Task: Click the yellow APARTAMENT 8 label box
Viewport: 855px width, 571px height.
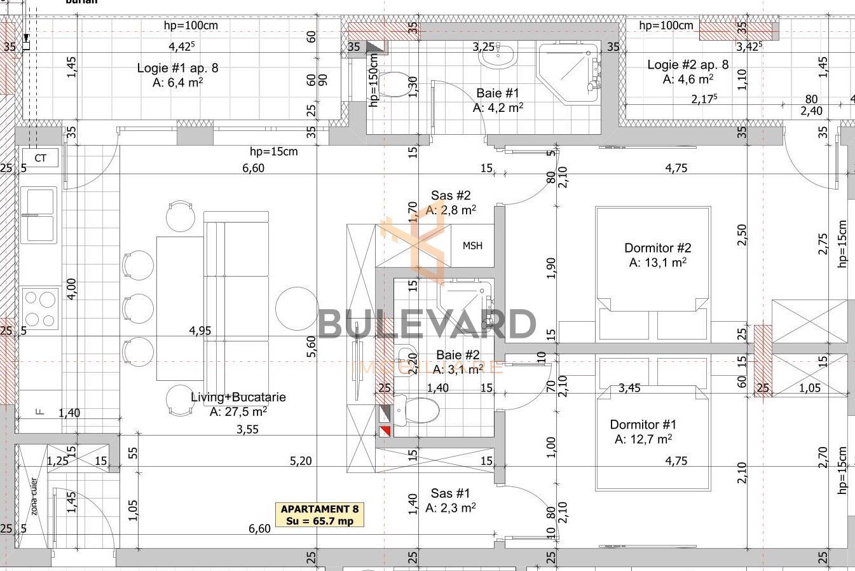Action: point(320,515)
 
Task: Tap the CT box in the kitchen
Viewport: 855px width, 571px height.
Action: point(40,158)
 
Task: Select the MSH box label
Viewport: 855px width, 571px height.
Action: point(472,246)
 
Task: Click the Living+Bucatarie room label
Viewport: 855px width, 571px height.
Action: point(238,404)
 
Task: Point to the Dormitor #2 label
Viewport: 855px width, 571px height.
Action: point(657,254)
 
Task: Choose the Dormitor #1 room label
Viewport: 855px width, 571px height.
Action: point(643,431)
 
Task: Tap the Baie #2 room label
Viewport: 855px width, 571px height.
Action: point(458,362)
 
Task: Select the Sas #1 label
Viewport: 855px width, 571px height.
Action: point(451,500)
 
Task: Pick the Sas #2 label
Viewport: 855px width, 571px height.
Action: point(451,202)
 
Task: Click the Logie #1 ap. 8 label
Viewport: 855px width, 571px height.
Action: point(177,74)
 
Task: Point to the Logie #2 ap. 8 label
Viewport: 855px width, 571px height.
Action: point(688,71)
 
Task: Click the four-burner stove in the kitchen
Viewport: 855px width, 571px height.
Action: point(39,308)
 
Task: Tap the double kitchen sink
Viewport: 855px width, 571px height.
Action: point(39,215)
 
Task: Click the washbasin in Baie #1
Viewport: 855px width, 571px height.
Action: point(498,57)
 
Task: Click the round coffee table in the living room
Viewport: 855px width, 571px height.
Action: point(296,308)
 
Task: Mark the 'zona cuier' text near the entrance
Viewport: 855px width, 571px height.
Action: point(34,496)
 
